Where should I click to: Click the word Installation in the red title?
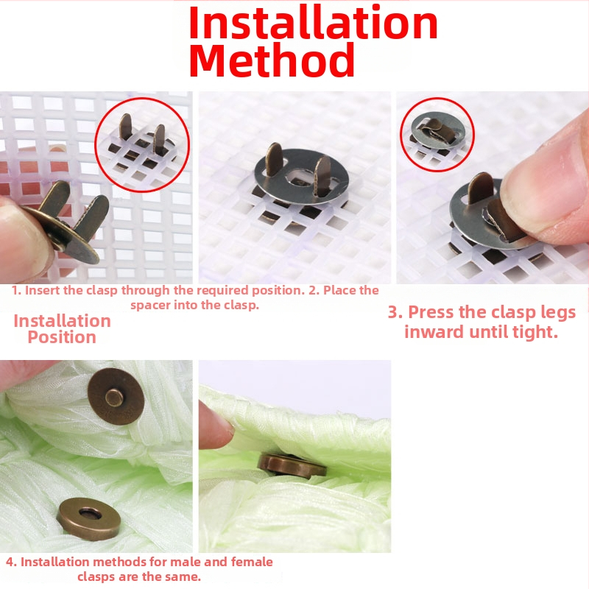[x=314, y=23]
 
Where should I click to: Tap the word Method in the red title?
[x=272, y=60]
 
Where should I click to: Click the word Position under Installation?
[x=62, y=337]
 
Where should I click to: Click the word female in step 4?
[x=252, y=562]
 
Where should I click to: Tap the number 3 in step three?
[x=392, y=312]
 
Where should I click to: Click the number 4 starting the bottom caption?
[x=10, y=562]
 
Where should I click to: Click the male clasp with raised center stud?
[x=116, y=396]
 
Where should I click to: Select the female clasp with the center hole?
[x=89, y=519]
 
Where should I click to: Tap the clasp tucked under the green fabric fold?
[x=292, y=466]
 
